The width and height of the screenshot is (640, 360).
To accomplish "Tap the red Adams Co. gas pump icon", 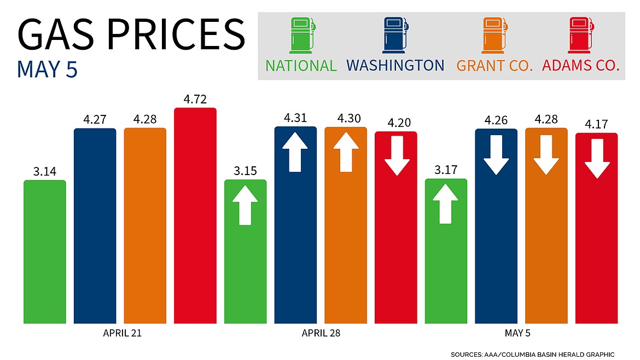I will [x=581, y=36].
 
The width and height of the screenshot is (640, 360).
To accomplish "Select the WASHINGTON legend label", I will [x=395, y=66].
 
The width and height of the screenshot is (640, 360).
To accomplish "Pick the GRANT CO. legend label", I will [x=494, y=66].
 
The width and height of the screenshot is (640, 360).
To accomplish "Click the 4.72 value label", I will [x=195, y=100].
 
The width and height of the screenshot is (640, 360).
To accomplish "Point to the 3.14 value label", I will [x=45, y=172].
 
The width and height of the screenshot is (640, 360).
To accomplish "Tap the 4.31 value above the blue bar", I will [x=295, y=118].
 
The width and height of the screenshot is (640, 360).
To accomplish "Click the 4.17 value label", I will [x=596, y=125].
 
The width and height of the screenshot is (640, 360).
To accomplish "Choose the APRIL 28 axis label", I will [x=321, y=333].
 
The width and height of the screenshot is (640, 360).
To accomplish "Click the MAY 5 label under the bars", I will [x=521, y=333].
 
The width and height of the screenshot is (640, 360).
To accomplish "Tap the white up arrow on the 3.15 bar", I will [x=245, y=205].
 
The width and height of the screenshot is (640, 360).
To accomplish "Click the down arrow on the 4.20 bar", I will [x=395, y=156].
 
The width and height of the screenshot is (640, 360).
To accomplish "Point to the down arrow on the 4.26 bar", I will [x=496, y=155].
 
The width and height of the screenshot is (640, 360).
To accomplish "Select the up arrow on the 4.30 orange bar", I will [x=346, y=152].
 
